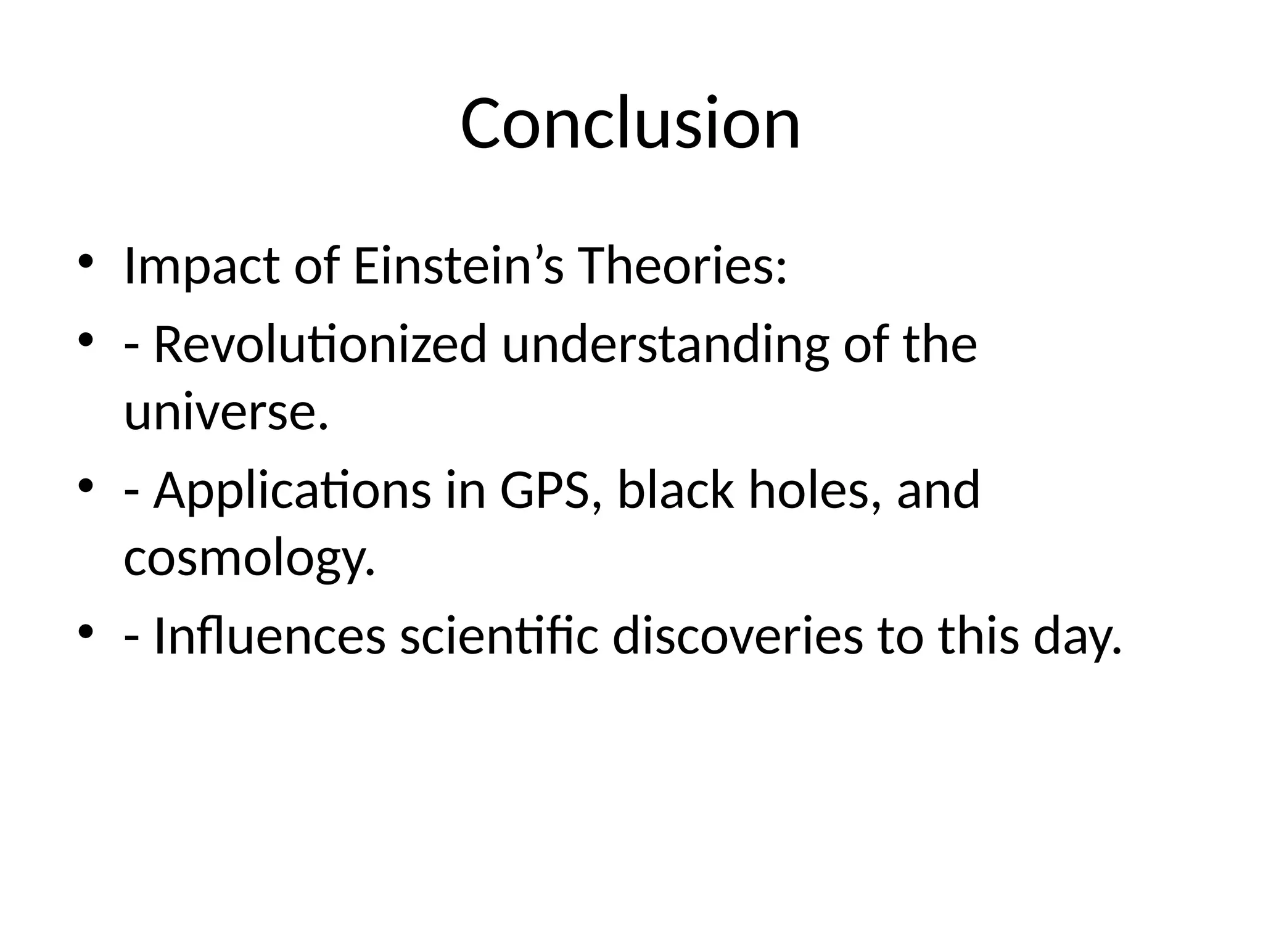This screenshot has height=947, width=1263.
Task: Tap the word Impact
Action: click(x=201, y=266)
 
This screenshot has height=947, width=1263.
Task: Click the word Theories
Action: click(x=682, y=266)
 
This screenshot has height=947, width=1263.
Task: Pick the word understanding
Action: click(x=665, y=345)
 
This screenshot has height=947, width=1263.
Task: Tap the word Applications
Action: click(x=292, y=491)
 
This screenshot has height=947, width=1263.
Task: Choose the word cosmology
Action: click(x=249, y=560)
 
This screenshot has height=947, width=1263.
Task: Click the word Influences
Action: click(x=269, y=636)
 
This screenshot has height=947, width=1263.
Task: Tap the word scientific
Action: click(x=499, y=636)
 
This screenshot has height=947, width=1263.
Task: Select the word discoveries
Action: click(x=738, y=636)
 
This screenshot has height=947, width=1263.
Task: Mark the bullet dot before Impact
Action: click(x=86, y=261)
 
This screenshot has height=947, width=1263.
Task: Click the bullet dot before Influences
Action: click(x=86, y=631)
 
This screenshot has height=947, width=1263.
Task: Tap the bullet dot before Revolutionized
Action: click(x=86, y=339)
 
